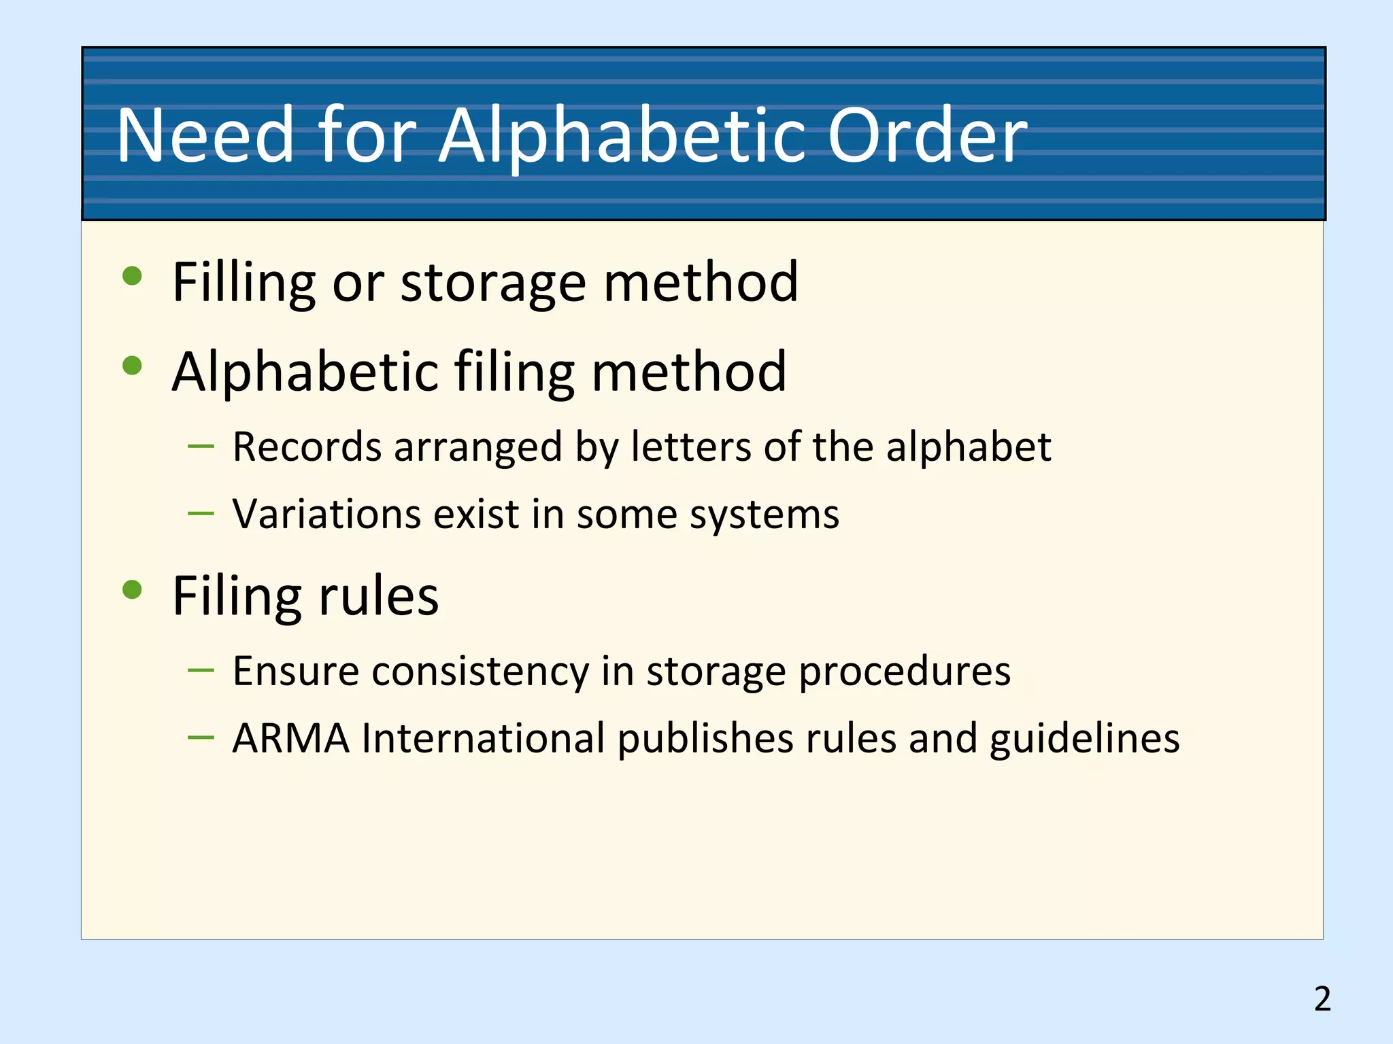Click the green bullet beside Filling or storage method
[x=132, y=276]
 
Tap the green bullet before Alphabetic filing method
[x=132, y=366]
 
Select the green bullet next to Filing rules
[x=132, y=589]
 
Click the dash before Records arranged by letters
[x=201, y=447]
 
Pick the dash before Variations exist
[x=201, y=513]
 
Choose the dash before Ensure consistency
[x=201, y=671]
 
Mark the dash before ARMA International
[x=201, y=737]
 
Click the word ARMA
[x=290, y=738]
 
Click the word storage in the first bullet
[x=493, y=283]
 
